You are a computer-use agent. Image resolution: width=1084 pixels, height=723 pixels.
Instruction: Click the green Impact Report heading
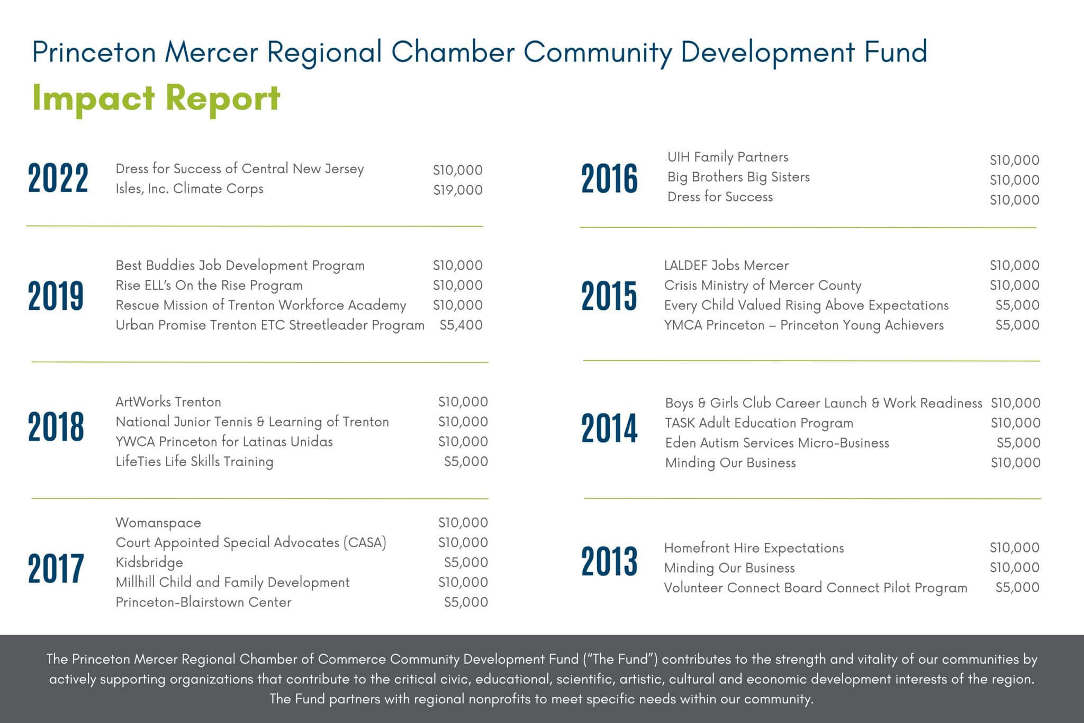tap(156, 99)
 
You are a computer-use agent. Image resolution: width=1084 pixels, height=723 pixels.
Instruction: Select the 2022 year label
tap(58, 178)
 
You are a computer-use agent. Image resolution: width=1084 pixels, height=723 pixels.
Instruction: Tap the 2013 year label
tap(609, 561)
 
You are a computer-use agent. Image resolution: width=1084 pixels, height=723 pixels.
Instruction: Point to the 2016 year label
tap(609, 178)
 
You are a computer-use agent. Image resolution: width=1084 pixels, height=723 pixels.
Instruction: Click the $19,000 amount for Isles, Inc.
tap(458, 190)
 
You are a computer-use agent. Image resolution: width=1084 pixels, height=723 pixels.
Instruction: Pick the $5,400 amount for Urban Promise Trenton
tap(461, 325)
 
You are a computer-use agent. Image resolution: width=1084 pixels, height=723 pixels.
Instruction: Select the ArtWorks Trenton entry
tap(168, 401)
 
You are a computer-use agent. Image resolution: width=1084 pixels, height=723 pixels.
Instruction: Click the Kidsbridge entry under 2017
tap(149, 562)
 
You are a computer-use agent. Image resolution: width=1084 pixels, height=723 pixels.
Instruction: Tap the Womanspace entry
tap(158, 522)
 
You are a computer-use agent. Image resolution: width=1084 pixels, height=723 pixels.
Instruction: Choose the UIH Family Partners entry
tap(728, 157)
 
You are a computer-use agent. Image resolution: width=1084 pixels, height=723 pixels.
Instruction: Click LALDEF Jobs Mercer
tap(726, 265)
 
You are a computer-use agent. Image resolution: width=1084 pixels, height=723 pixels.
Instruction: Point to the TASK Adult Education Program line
tap(759, 423)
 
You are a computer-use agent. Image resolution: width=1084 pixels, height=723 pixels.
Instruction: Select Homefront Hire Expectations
tap(754, 548)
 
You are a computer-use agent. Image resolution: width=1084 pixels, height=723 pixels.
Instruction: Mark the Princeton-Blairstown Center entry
tap(203, 602)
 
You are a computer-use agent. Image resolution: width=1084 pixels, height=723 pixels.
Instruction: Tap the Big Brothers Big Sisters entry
tap(738, 177)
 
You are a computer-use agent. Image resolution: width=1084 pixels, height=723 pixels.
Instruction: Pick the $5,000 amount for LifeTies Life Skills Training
tap(466, 461)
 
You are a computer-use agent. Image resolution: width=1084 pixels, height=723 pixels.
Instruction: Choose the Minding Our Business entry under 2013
tap(729, 568)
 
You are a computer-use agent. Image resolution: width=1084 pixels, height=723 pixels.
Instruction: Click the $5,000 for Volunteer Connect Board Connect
tap(1017, 587)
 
